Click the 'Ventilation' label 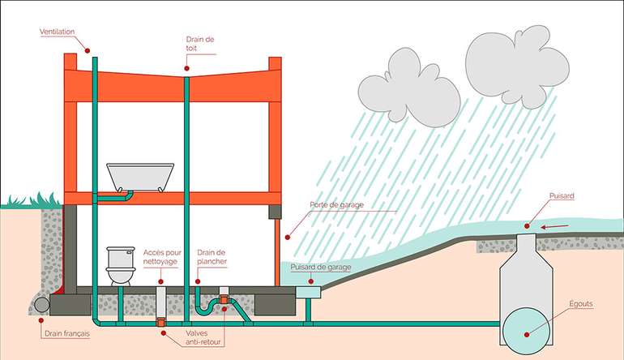point(57,32)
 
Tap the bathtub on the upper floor point(140,176)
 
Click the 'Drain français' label point(62,332)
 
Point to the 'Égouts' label point(581,304)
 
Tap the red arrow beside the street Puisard point(552,226)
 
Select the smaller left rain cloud point(408,90)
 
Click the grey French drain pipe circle point(39,306)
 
